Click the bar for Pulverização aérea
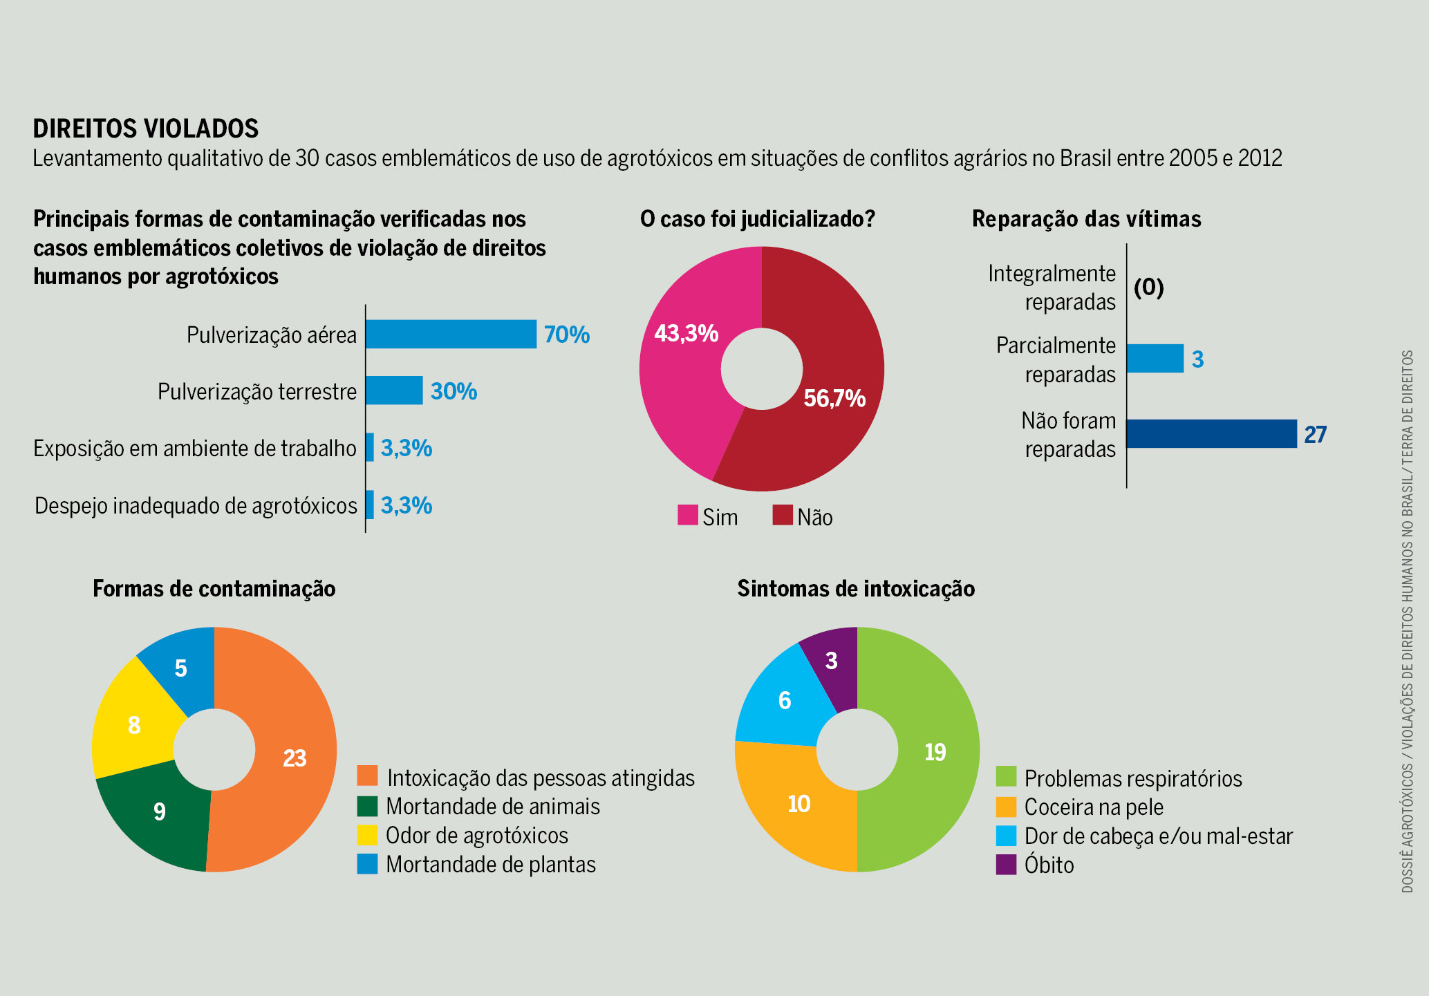tap(451, 334)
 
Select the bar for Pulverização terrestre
tap(394, 391)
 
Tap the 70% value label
tap(566, 335)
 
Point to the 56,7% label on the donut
tap(834, 399)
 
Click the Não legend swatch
tap(783, 516)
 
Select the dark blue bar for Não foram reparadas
tap(1211, 434)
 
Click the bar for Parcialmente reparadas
tap(1155, 359)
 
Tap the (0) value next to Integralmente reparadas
tap(1149, 287)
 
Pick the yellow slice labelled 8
tap(134, 725)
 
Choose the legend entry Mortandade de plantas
tap(490, 865)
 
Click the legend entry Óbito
tap(1048, 865)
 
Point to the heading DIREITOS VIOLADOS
tap(146, 129)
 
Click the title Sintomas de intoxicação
tap(856, 588)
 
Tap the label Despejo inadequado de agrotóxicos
tap(196, 506)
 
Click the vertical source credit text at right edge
tap(1407, 622)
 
